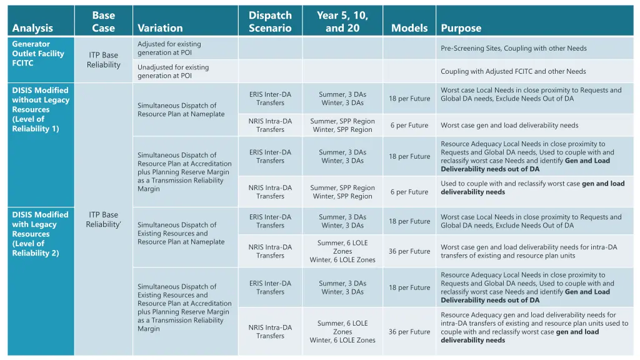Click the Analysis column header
32,27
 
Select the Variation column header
160,27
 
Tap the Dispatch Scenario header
270,21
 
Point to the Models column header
409,27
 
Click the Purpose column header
461,27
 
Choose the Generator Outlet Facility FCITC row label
38,54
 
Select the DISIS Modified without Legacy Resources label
41,109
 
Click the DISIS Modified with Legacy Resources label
41,234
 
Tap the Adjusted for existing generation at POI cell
169,48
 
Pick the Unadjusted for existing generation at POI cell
173,71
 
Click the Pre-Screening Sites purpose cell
514,48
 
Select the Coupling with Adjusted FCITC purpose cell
513,71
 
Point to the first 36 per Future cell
409,251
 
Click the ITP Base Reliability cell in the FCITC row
103,60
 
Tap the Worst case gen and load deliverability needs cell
509,125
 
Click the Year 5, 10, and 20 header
342,21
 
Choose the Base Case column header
103,21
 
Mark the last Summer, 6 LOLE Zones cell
342,332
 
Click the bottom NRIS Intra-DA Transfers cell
270,332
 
